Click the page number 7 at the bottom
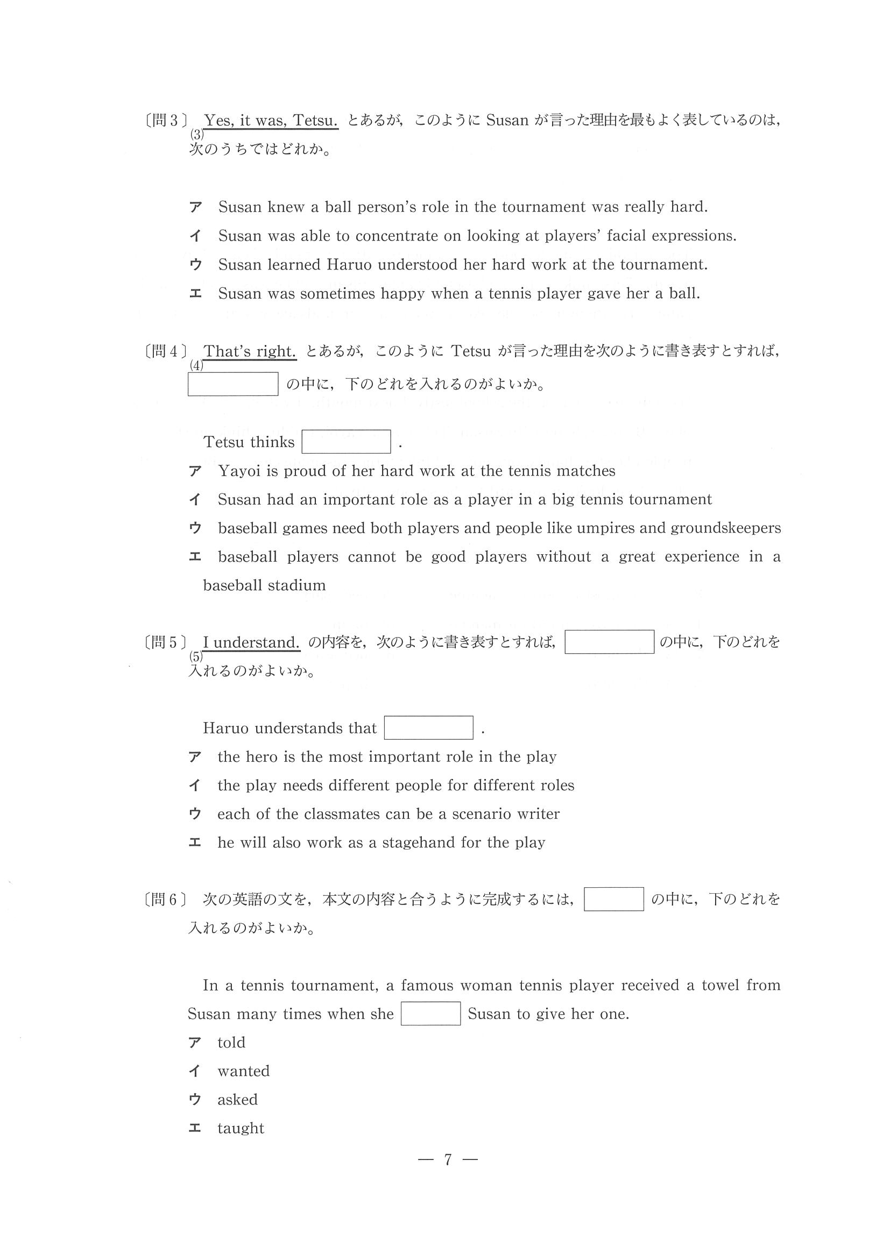point(448,1160)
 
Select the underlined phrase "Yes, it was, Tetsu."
point(271,120)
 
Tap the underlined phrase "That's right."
point(250,351)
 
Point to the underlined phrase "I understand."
point(251,642)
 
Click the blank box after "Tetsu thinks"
point(346,442)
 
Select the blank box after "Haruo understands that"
point(428,727)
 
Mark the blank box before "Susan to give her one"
point(430,1014)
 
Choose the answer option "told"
point(231,1042)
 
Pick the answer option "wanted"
point(243,1071)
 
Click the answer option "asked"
point(237,1099)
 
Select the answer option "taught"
point(241,1128)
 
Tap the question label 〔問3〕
point(165,121)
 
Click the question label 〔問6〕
point(165,900)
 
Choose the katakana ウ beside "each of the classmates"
point(195,814)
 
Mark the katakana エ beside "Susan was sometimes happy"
point(195,293)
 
